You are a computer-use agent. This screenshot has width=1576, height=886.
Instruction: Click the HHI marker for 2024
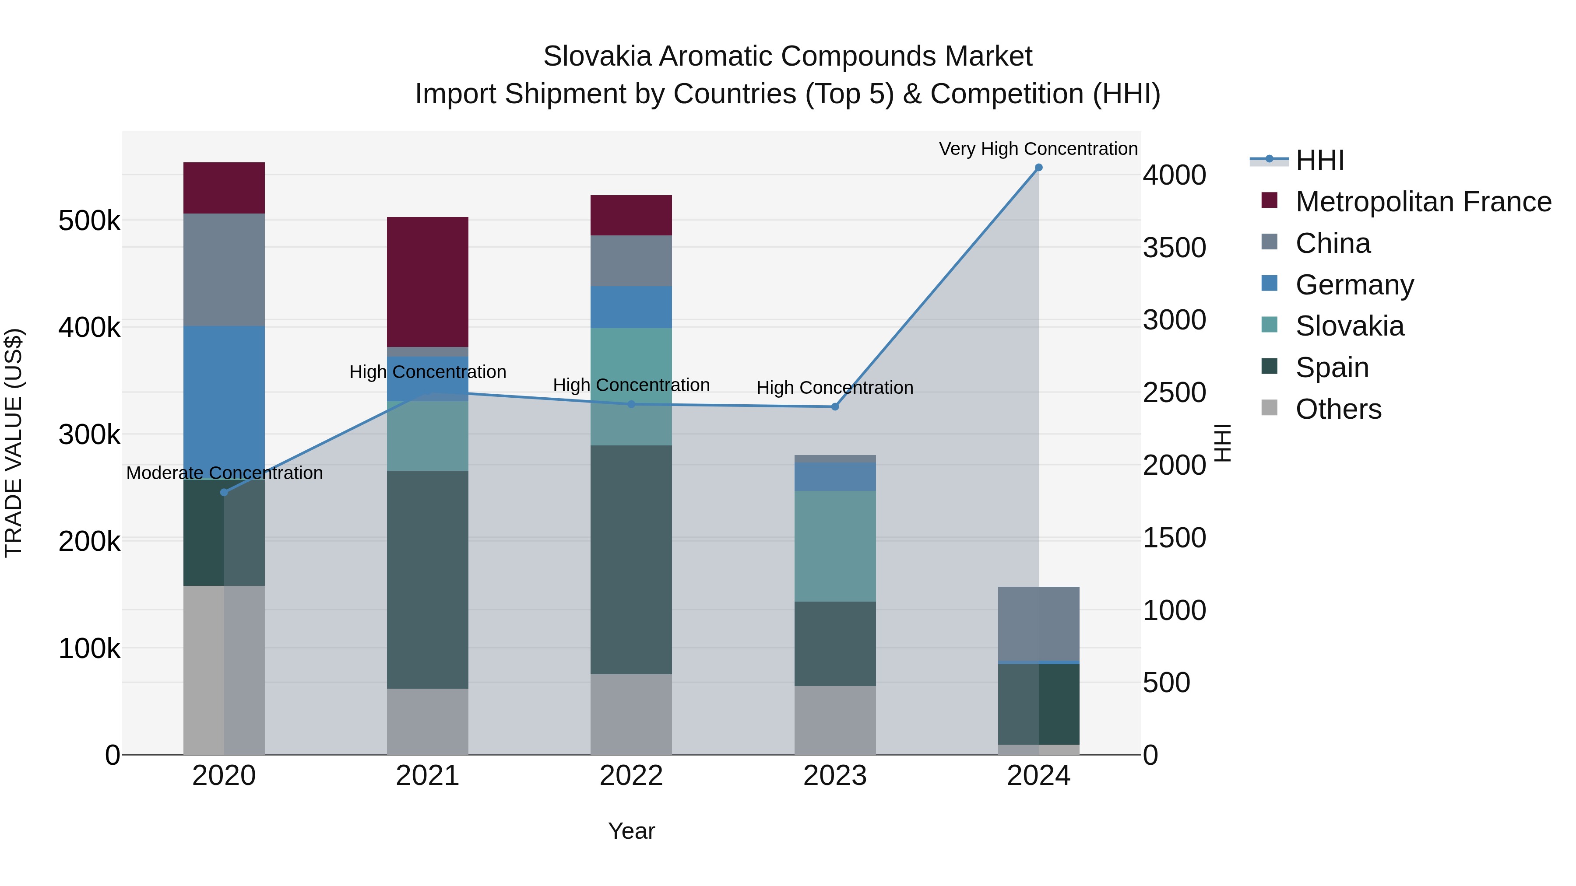[1038, 168]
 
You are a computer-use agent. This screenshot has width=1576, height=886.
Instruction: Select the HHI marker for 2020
[224, 492]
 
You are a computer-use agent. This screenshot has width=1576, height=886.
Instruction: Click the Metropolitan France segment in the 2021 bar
[428, 281]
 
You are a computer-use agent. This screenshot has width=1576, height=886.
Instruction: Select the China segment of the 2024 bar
[1038, 623]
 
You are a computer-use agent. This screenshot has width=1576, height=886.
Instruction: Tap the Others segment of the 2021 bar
[428, 721]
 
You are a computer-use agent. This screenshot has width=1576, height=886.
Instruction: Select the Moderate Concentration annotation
[224, 473]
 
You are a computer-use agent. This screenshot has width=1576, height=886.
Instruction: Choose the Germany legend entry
[1354, 285]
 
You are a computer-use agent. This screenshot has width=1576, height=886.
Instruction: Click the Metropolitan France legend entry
[1423, 202]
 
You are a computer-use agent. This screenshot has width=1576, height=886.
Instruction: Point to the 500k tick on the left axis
[89, 221]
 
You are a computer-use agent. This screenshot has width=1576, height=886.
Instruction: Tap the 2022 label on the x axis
[631, 776]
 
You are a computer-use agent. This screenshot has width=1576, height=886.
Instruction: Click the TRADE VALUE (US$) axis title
[14, 443]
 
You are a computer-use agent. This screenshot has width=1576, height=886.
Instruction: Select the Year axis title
[631, 831]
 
